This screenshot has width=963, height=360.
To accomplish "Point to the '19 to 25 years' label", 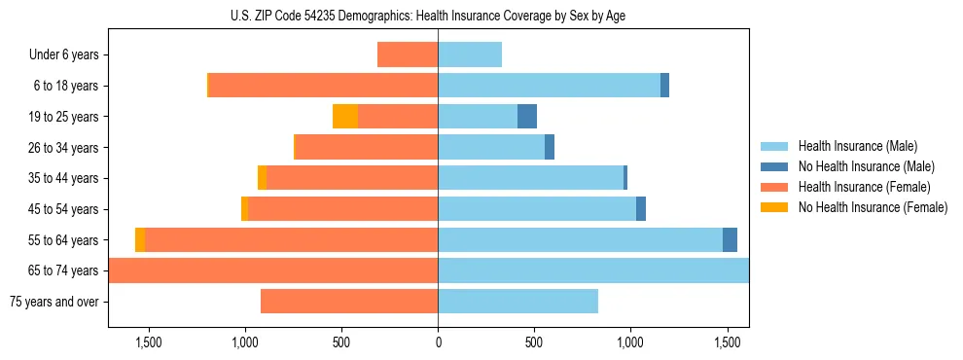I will [x=61, y=117].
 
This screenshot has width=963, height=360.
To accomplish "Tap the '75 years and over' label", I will [x=53, y=302].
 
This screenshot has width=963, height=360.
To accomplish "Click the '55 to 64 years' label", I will [x=61, y=240].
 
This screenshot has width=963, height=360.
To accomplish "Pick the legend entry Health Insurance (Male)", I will [x=857, y=146].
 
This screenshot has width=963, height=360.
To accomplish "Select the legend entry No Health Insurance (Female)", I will [x=873, y=207].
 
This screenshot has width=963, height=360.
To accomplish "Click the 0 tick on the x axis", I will [x=438, y=342].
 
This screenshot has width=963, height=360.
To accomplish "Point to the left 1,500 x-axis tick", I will [x=149, y=342].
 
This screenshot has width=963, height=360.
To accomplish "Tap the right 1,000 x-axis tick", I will [x=630, y=342].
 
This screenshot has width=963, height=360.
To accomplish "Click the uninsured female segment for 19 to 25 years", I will [x=345, y=117].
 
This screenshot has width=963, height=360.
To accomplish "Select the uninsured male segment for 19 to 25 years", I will [x=526, y=117].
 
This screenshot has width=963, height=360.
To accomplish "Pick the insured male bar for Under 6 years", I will [x=470, y=55].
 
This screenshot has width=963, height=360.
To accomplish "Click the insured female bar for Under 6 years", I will [x=408, y=55].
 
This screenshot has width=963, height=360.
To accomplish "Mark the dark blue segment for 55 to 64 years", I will [x=730, y=240].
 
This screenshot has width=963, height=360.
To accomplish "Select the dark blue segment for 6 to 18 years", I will [x=664, y=86].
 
